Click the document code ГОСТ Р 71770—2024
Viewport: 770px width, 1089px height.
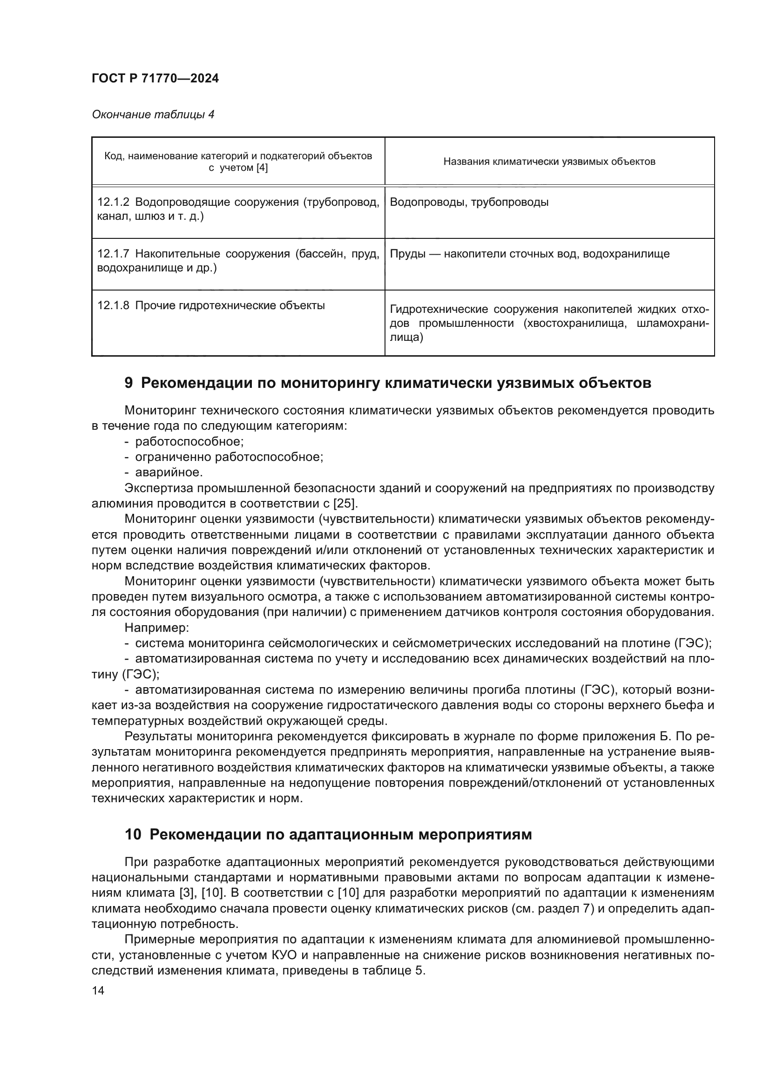[x=155, y=79]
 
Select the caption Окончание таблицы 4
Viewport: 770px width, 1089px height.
[x=153, y=115]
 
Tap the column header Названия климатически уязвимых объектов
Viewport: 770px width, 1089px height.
[x=549, y=162]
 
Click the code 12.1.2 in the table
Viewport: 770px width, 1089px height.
[x=113, y=203]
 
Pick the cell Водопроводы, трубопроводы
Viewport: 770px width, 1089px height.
[x=469, y=203]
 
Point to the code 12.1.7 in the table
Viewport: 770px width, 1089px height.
[x=113, y=254]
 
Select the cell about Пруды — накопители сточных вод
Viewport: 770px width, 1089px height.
[x=529, y=254]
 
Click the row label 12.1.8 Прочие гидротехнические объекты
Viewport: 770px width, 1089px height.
[x=211, y=306]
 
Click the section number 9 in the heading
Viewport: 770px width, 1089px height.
[x=128, y=383]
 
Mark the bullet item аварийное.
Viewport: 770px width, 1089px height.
[x=169, y=473]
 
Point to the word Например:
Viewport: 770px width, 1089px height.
[x=157, y=628]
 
